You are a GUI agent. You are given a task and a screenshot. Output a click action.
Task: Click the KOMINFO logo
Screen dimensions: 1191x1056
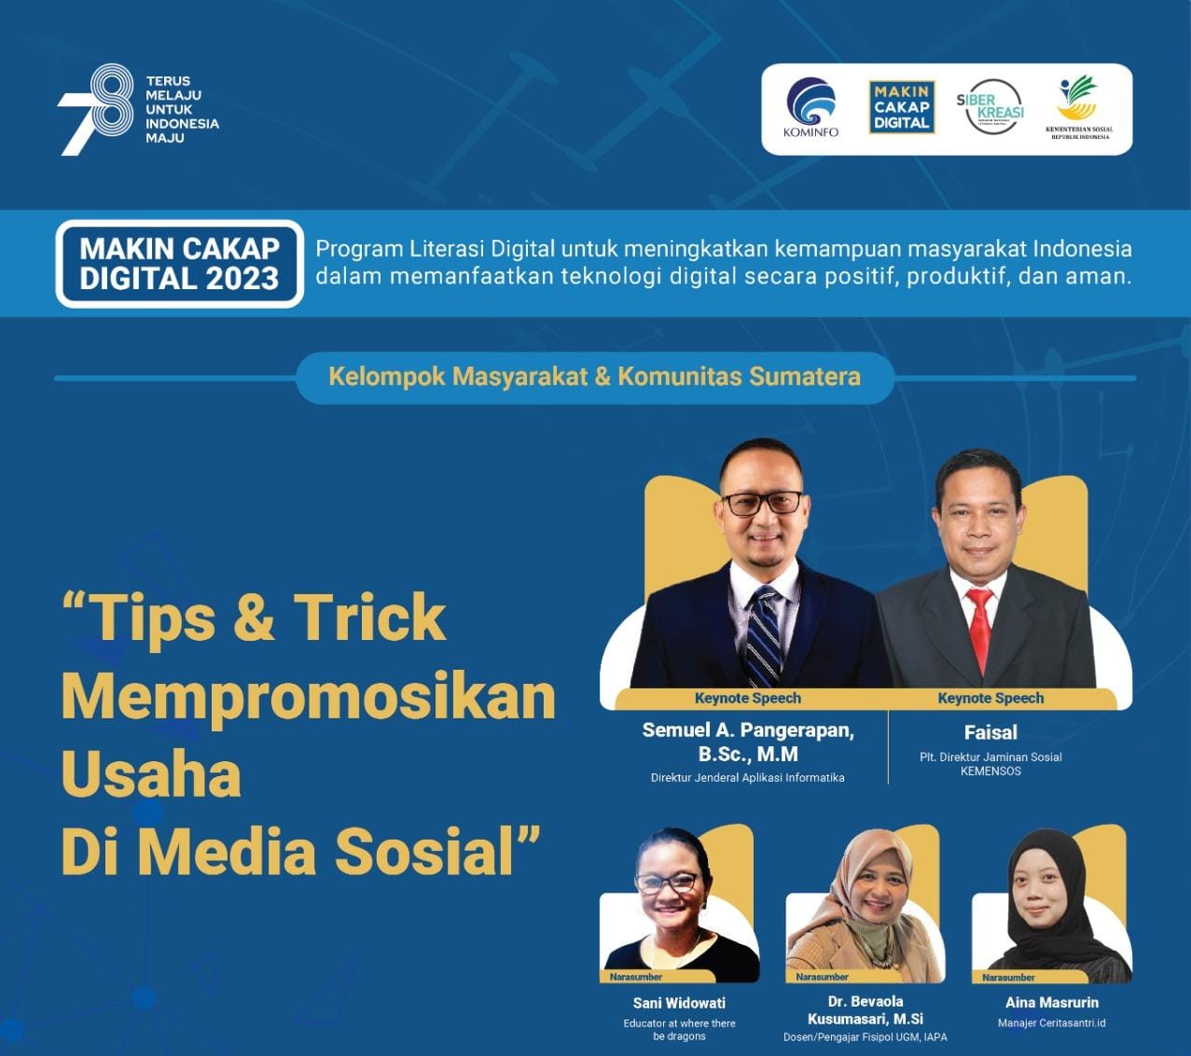pos(811,107)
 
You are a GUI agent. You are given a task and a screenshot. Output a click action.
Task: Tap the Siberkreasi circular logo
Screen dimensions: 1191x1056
pos(990,107)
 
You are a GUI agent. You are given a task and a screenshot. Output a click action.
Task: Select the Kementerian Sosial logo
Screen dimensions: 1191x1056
pos(1079,107)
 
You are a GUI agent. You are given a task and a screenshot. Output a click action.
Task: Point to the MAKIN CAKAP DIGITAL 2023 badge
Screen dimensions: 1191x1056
pos(179,263)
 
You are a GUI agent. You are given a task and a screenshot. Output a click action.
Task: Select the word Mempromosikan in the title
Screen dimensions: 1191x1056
pos(309,698)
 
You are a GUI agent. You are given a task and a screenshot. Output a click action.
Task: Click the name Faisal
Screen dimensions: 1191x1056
pos(990,732)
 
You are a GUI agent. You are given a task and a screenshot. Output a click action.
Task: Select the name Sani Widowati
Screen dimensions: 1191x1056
pos(679,1003)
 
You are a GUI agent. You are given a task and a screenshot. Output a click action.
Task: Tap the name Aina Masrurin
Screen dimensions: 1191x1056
pos(1052,1003)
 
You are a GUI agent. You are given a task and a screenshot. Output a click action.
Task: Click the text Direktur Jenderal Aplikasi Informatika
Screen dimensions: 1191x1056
pos(748,778)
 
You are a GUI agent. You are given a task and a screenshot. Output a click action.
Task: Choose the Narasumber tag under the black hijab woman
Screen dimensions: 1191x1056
pos(1008,978)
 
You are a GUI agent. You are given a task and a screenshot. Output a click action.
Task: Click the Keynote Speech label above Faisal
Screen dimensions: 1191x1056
pos(990,698)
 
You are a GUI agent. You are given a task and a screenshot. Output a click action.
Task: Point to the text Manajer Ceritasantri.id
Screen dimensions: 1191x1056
pos(1052,1023)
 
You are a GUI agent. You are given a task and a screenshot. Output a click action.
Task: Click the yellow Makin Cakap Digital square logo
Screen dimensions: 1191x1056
pos(902,107)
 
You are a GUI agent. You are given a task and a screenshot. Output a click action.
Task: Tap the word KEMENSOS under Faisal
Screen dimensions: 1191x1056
pos(990,771)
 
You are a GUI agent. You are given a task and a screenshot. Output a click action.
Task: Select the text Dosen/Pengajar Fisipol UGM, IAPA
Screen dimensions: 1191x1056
pos(866,1037)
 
